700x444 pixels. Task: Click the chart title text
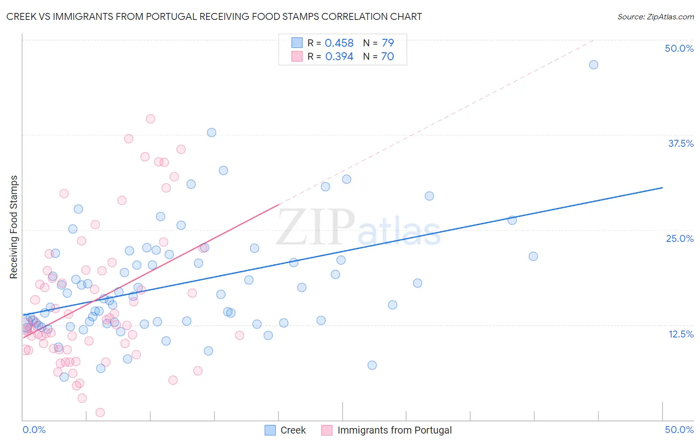(x=214, y=16)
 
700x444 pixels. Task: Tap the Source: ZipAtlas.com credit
(x=655, y=16)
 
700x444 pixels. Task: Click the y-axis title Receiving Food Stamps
(x=14, y=227)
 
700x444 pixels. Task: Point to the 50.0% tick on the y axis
(x=679, y=48)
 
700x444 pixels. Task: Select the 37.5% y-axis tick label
(x=681, y=143)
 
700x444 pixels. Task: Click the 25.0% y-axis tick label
(x=680, y=238)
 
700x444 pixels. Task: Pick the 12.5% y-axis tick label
(x=681, y=334)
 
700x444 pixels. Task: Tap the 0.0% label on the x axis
(x=34, y=430)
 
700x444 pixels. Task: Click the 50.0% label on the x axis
(x=679, y=430)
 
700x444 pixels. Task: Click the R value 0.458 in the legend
(x=339, y=43)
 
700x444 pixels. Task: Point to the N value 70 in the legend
(x=387, y=57)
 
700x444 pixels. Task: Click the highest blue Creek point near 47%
(x=593, y=65)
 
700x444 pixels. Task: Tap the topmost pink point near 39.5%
(x=150, y=119)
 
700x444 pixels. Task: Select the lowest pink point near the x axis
(x=100, y=412)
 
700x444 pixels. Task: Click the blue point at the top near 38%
(x=212, y=132)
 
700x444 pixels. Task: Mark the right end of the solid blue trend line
(x=662, y=188)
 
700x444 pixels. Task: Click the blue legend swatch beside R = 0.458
(x=297, y=43)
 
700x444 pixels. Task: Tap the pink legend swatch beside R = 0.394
(x=297, y=57)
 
